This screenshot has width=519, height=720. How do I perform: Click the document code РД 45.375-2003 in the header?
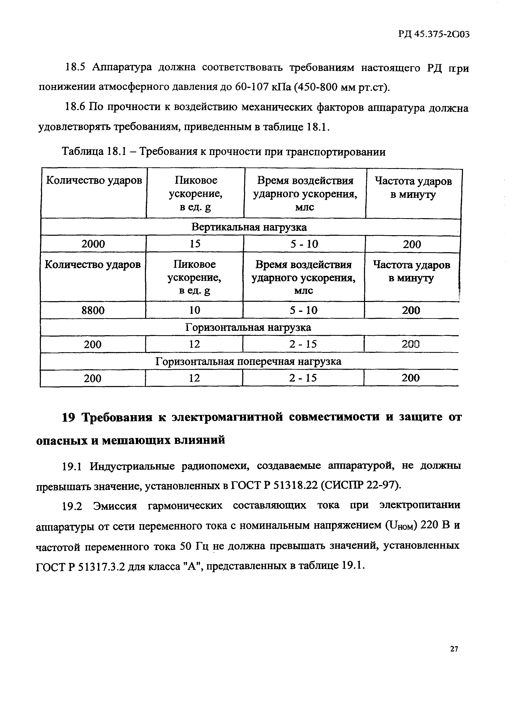pyautogui.click(x=434, y=34)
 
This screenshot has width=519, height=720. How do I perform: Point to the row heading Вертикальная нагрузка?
pyautogui.click(x=249, y=227)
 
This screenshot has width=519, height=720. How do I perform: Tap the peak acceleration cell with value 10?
pyautogui.click(x=194, y=310)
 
